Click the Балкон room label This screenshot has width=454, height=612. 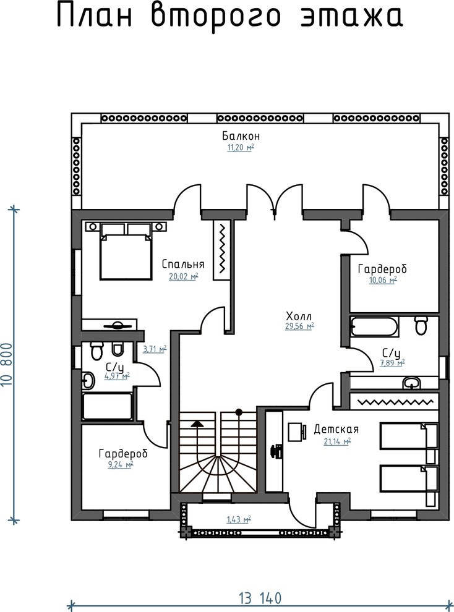pos(241,136)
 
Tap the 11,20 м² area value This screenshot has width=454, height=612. pos(241,148)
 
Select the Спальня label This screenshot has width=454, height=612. pos(183,264)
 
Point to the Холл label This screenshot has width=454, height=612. pos(299,316)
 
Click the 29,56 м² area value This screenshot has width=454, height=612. pos(299,326)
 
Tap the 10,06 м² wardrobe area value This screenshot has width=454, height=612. pos(383,280)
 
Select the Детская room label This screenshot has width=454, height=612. pos(336,430)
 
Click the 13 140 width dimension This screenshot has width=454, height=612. pos(260,598)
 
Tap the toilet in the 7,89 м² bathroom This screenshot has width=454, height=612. pos(421,326)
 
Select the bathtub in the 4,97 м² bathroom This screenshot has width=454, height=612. pos(108,407)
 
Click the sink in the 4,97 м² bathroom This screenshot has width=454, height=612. pos(88,381)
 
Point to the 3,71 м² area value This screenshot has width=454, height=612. pos(155,349)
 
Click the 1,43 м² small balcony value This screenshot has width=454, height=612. pos(239,519)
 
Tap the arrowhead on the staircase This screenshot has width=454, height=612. pos(197,423)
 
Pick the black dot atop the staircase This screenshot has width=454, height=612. pos(239,412)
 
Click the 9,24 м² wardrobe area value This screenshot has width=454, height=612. pos(121,464)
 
